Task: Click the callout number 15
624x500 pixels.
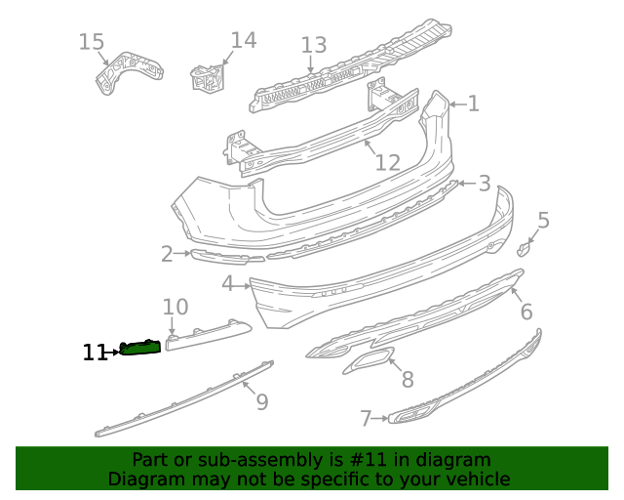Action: [91, 42]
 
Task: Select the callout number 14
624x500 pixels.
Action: [243, 40]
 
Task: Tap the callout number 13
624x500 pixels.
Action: [313, 45]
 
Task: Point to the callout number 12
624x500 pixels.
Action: [387, 162]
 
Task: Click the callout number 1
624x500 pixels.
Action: [473, 104]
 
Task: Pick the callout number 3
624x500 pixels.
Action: [484, 184]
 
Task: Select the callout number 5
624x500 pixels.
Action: [543, 221]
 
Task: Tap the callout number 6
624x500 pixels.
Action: [526, 312]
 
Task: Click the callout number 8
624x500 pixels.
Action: [407, 379]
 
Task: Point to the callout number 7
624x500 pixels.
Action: [366, 419]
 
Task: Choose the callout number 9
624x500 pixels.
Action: [261, 400]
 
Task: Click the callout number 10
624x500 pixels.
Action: [175, 308]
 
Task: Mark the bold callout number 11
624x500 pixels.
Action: [95, 353]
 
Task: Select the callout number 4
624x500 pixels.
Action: [227, 284]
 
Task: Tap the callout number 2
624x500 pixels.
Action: [167, 255]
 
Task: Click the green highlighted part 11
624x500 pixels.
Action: [139, 347]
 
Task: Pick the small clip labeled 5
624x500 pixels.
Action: [524, 248]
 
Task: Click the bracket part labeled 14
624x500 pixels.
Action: [208, 78]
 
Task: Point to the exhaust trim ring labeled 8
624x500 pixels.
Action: [368, 364]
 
